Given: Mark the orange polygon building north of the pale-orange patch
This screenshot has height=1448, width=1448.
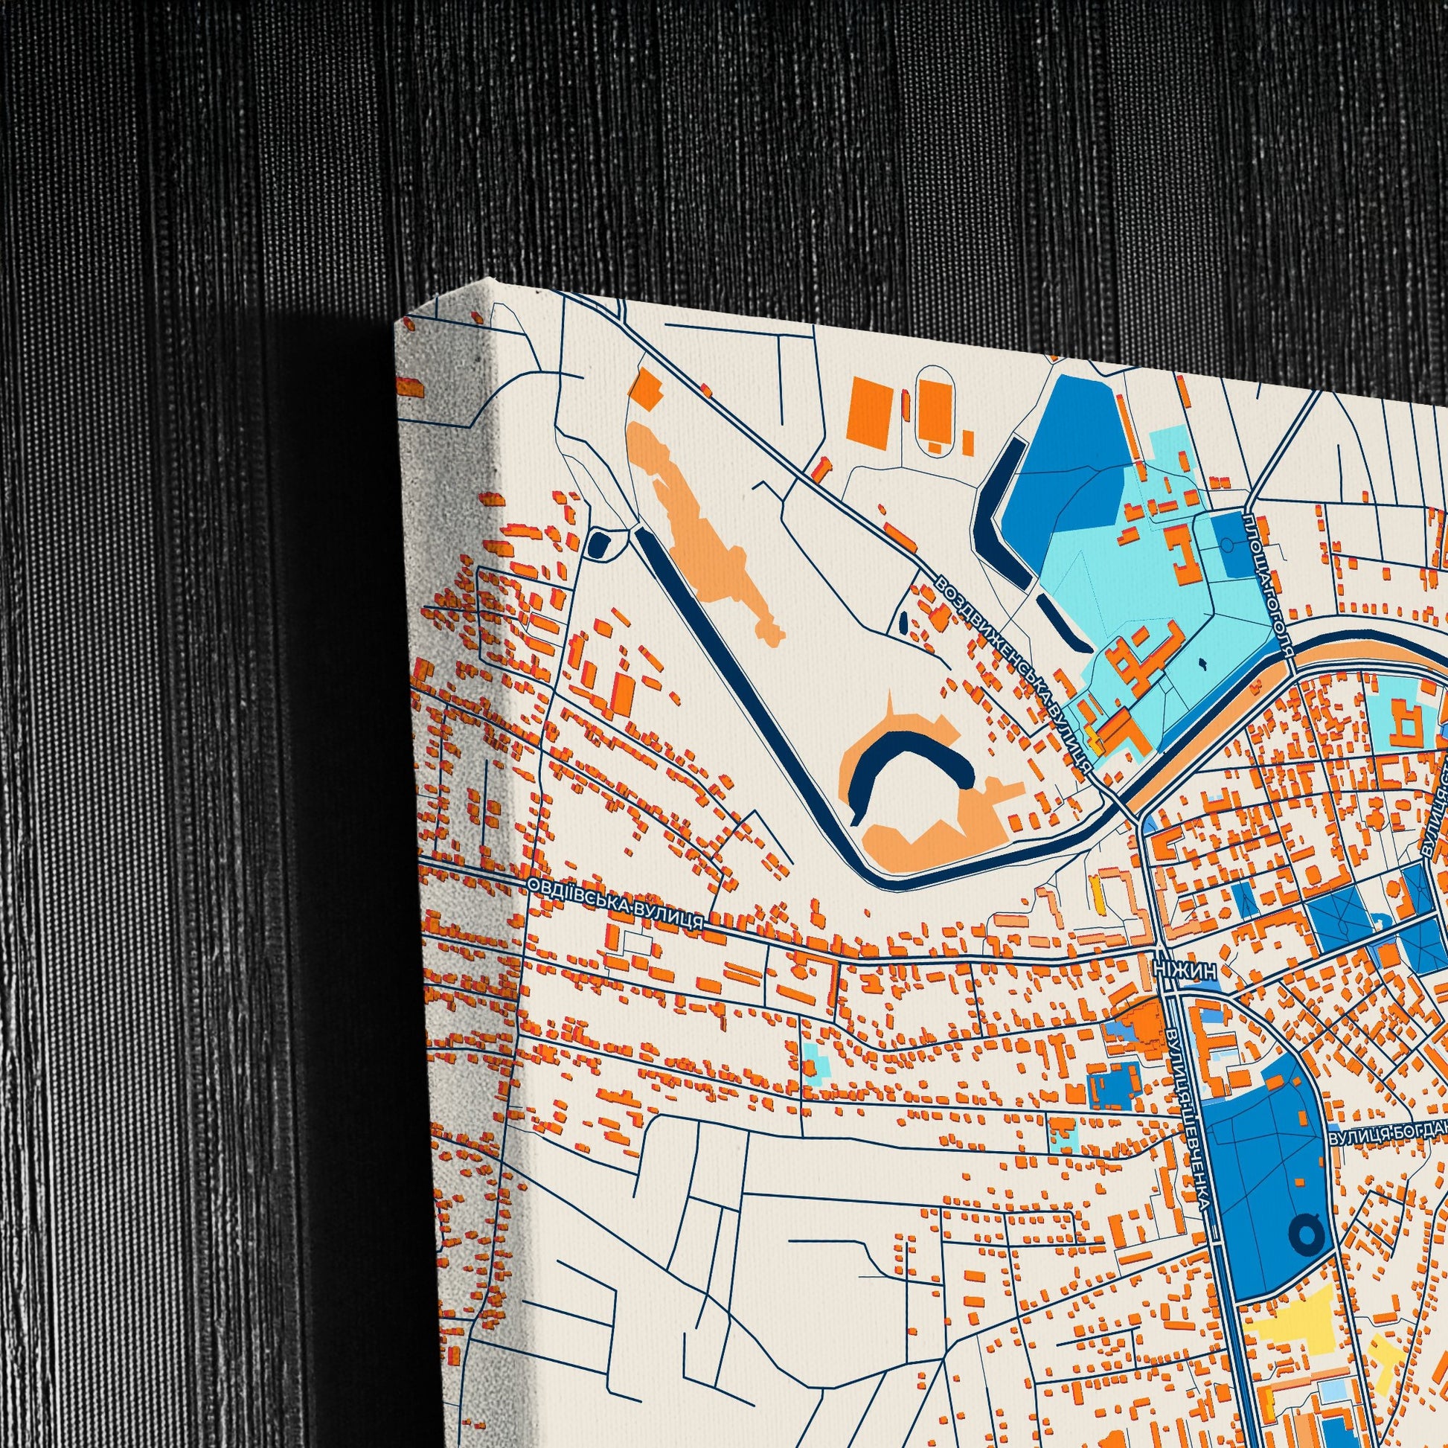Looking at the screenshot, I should [x=647, y=388].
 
